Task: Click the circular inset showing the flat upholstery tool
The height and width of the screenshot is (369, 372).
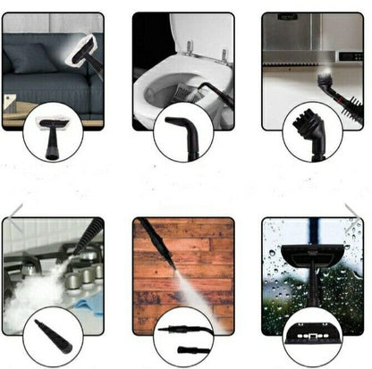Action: pos(53,131)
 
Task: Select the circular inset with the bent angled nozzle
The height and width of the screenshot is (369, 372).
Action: pos(182,131)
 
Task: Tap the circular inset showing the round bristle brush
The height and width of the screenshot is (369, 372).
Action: pos(312,131)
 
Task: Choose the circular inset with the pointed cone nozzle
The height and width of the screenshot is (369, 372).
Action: pos(53,337)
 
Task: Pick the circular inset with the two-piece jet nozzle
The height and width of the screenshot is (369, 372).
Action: pos(182,337)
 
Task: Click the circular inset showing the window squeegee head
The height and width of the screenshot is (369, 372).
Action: pos(312,337)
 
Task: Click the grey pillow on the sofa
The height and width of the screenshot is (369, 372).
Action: pos(32,57)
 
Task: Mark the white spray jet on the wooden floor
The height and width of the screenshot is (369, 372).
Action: pos(174,277)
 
